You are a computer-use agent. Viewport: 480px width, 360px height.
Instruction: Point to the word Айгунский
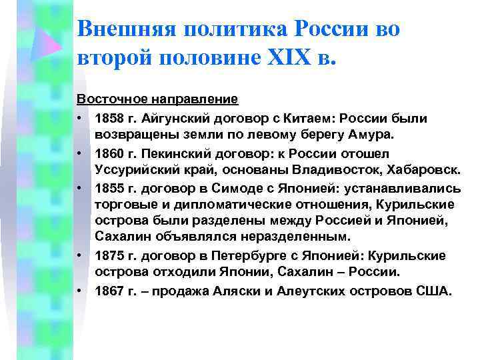(x=175, y=118)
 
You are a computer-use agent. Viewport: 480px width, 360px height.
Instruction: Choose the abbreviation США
(x=435, y=291)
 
